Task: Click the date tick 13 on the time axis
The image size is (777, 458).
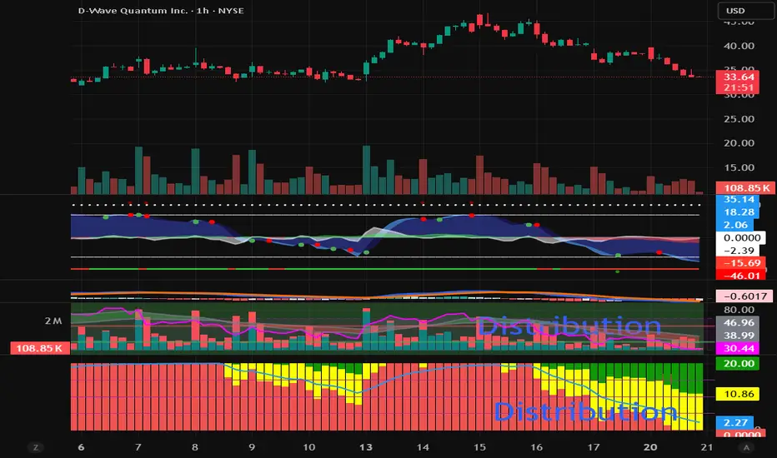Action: click(x=364, y=447)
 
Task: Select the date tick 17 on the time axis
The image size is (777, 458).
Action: click(x=592, y=447)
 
